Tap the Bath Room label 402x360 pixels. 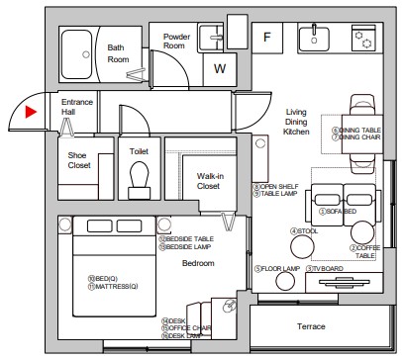click(x=117, y=53)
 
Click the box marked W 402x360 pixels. click(x=219, y=69)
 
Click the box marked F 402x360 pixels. click(x=266, y=39)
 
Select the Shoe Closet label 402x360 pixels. click(x=78, y=161)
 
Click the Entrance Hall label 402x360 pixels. click(x=77, y=108)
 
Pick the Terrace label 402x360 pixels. click(x=312, y=326)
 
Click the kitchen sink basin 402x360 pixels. click(x=316, y=38)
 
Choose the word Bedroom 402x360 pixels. click(x=198, y=263)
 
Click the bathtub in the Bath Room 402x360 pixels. click(x=76, y=49)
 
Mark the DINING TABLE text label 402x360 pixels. click(x=359, y=130)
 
